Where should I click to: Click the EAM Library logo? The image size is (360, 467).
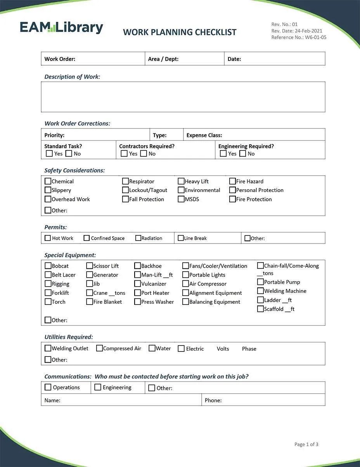click(61, 28)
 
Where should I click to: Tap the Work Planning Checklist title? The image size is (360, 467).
click(180, 32)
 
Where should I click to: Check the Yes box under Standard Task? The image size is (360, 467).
click(49, 154)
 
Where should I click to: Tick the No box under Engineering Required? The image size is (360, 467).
click(243, 154)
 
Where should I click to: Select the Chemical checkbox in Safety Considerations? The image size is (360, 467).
click(48, 181)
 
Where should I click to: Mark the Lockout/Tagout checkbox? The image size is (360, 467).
click(125, 190)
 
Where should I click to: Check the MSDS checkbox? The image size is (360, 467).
click(181, 199)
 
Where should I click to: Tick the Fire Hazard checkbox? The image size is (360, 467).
click(232, 181)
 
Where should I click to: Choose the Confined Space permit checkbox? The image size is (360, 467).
click(87, 238)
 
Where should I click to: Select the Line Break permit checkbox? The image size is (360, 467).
click(181, 238)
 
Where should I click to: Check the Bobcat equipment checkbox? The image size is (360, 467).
click(48, 266)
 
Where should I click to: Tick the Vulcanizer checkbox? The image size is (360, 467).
click(137, 284)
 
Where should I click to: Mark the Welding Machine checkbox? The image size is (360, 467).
click(261, 291)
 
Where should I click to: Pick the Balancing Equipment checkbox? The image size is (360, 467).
click(186, 301)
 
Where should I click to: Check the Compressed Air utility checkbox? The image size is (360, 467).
click(99, 348)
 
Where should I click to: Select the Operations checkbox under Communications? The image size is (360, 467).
click(48, 387)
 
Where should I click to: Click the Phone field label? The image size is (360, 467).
click(213, 400)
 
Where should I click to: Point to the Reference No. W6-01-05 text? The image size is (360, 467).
click(299, 38)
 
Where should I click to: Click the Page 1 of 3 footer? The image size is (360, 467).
click(306, 445)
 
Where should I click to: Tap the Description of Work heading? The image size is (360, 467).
click(72, 77)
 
